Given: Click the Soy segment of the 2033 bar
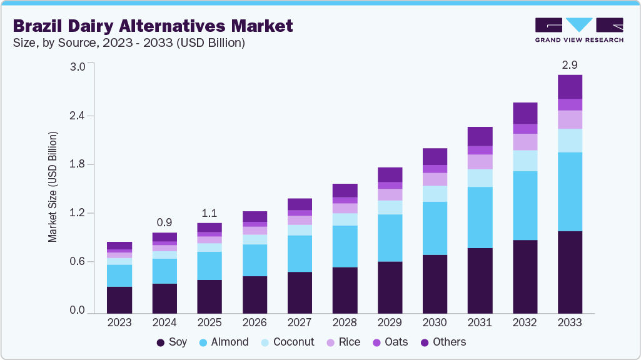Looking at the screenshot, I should (570, 271).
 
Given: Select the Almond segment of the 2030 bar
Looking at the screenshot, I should (435, 228).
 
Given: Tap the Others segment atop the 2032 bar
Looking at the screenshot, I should (525, 113).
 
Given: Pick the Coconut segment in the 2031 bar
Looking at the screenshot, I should (480, 177).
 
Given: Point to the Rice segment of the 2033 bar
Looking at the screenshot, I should (570, 119).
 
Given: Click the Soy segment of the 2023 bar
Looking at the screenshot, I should (119, 299).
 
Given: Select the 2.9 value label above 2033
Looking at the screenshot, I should (570, 64).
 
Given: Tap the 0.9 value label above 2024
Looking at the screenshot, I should (164, 222).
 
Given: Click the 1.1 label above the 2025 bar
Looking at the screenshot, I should (209, 212).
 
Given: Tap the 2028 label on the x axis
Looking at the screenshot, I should (345, 323).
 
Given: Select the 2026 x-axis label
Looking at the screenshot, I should (255, 323).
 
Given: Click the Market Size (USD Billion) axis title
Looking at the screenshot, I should (53, 187).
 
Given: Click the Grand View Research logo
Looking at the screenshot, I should (578, 30).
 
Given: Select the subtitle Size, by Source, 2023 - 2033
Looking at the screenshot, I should (128, 43).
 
